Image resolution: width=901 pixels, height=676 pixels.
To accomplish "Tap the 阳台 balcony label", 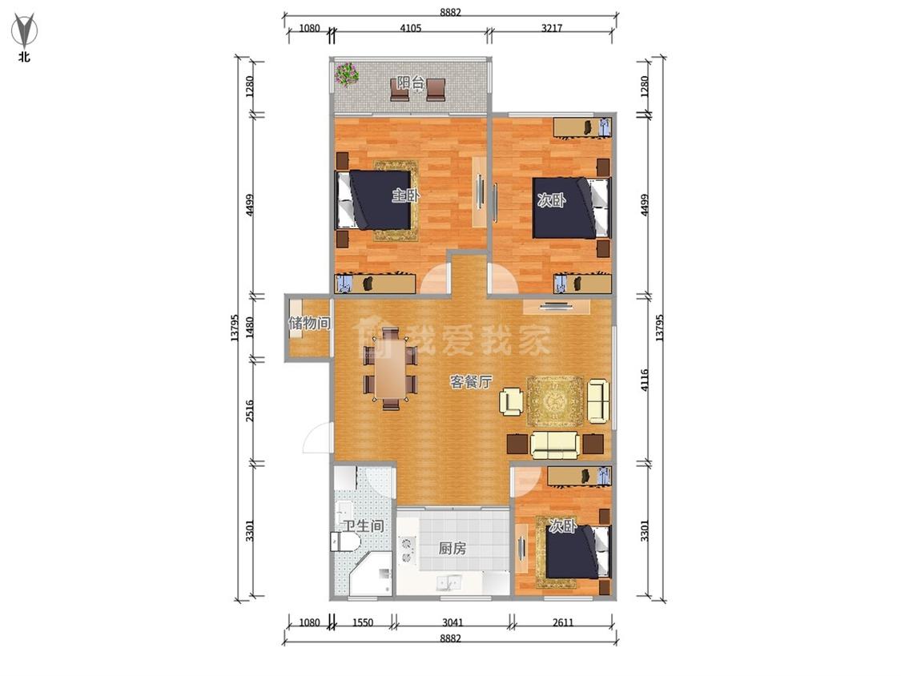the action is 410,82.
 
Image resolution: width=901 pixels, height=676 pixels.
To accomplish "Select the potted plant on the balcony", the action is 347,74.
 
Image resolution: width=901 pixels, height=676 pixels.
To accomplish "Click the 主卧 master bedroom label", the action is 406,195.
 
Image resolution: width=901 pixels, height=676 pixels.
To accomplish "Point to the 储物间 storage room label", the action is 309,323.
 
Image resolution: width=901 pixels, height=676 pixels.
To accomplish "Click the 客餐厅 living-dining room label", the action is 471,381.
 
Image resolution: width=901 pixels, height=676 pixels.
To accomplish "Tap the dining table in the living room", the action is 390,368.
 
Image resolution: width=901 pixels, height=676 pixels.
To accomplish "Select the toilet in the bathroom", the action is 344,541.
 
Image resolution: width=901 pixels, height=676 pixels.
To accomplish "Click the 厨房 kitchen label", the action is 453,549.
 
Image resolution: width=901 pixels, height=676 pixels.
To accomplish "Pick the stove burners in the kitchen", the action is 408,549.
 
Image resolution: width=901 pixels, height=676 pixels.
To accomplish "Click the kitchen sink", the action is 449,583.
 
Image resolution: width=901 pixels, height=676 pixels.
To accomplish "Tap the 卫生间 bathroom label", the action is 363,525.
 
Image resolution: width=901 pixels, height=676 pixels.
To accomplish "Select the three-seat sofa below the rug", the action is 554,445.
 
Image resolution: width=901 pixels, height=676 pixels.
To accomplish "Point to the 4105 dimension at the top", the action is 410,28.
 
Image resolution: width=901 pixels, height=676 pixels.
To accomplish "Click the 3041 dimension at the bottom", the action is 453,622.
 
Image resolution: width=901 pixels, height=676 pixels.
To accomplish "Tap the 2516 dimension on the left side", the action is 249,411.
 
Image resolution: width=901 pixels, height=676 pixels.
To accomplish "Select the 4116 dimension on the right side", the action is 644,380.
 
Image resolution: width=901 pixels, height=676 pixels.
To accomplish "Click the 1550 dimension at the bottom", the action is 363,622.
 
